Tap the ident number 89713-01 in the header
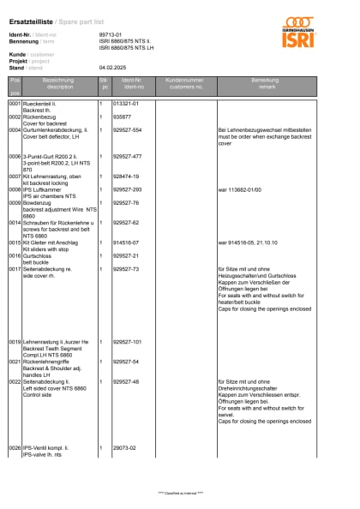[x=111, y=34]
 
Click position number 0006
[x=15, y=157]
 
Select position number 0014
[x=15, y=222]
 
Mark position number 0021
[x=15, y=362]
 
